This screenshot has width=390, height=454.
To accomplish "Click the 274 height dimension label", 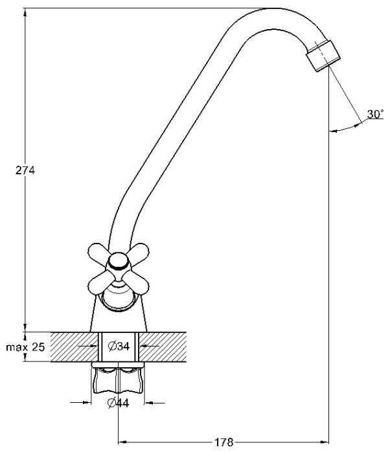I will [x=25, y=170].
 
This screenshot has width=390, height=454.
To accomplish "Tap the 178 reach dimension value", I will [x=224, y=443].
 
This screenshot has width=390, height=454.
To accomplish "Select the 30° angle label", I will [x=375, y=115].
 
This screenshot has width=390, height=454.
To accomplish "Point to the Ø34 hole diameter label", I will [x=119, y=346].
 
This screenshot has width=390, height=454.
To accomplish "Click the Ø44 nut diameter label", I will [x=119, y=403].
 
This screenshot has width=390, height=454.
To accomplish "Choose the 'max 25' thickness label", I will [x=25, y=347].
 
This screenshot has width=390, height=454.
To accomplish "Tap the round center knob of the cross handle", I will [x=117, y=262].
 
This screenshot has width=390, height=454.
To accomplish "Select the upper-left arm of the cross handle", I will [x=99, y=253].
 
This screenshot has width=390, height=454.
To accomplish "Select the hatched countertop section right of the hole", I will [x=165, y=346].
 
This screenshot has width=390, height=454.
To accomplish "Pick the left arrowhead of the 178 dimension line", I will [x=122, y=443].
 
